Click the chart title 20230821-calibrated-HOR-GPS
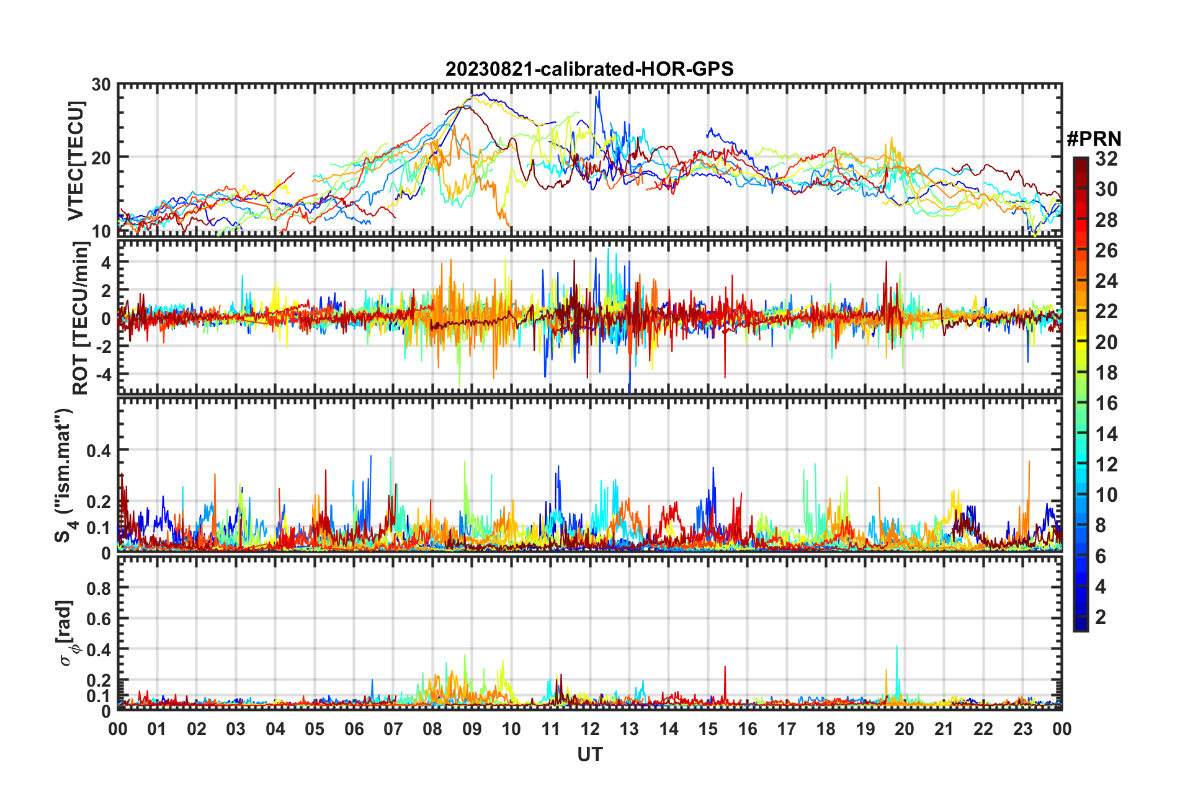click(589, 69)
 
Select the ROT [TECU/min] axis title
click(80, 318)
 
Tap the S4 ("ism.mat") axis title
click(64, 475)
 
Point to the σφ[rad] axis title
click(68, 633)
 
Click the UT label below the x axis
click(589, 754)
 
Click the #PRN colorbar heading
click(1094, 139)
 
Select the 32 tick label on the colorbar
click(1106, 159)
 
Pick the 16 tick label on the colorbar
click(1106, 403)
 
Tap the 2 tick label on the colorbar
click(1101, 617)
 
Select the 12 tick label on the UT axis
click(590, 729)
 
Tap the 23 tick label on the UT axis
click(1022, 729)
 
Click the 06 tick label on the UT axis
click(354, 729)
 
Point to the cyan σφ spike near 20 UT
click(896, 648)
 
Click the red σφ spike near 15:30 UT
click(725, 669)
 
